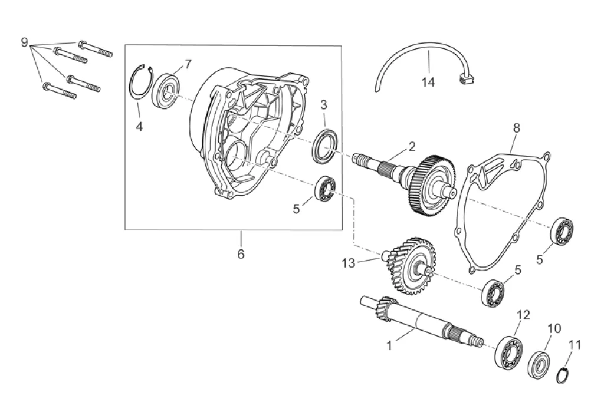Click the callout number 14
coord(428,83)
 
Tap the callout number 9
coord(24,42)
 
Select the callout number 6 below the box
coord(241,254)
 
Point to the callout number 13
coord(348,263)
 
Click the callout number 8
coord(516,127)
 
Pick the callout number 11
coord(575,345)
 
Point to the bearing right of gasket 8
coord(563,230)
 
